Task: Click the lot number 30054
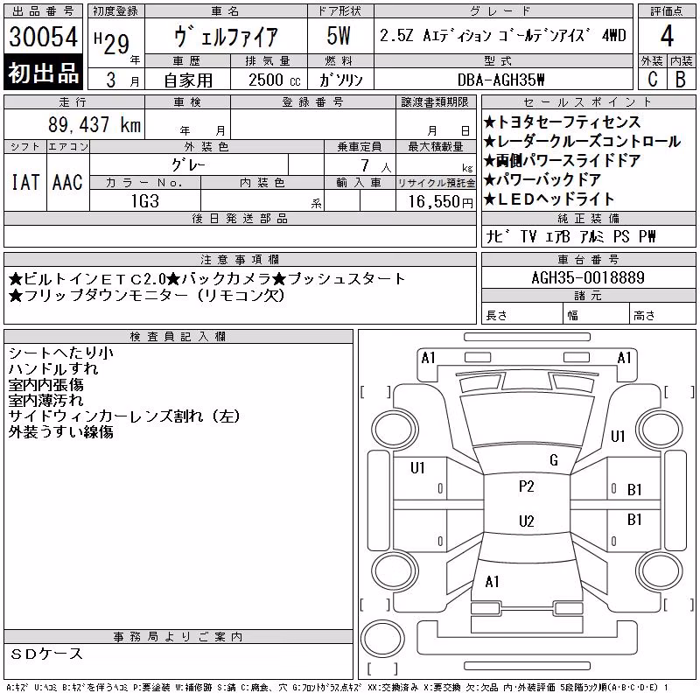(x=43, y=37)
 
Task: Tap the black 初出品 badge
(x=43, y=73)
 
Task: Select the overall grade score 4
(x=667, y=36)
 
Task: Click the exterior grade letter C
(x=652, y=79)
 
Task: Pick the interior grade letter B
(x=681, y=79)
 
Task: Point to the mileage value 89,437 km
(x=94, y=124)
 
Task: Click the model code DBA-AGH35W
(x=501, y=80)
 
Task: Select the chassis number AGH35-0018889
(x=588, y=277)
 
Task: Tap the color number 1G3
(x=145, y=201)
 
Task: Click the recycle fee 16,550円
(x=441, y=201)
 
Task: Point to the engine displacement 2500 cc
(x=274, y=80)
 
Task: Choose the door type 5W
(x=339, y=36)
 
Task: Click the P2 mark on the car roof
(x=527, y=486)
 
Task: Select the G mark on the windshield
(x=554, y=460)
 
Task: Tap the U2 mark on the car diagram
(x=527, y=521)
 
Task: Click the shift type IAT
(x=25, y=182)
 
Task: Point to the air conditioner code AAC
(x=67, y=182)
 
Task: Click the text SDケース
(x=46, y=654)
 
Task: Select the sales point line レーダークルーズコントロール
(x=582, y=142)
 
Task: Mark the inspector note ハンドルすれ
(x=53, y=368)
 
